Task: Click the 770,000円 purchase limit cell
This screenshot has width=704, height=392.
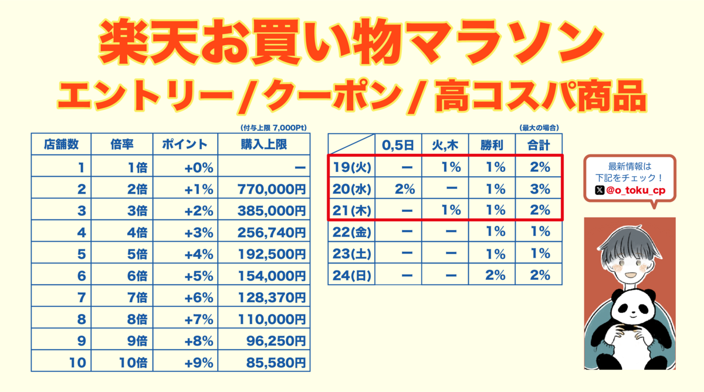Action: click(272, 189)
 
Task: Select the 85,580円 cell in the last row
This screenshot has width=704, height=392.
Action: click(272, 362)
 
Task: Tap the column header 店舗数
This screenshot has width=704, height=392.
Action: click(61, 144)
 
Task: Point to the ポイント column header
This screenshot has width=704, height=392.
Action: click(185, 144)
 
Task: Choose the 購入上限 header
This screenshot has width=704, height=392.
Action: click(263, 144)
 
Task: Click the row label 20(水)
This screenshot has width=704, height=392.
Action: click(351, 189)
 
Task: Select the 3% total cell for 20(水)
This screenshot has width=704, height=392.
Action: click(540, 189)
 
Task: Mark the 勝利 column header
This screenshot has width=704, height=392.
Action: click(492, 144)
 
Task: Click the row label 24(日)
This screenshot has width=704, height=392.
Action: click(351, 275)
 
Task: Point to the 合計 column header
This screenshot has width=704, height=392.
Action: click(539, 144)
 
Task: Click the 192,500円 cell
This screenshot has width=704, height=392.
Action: click(272, 254)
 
